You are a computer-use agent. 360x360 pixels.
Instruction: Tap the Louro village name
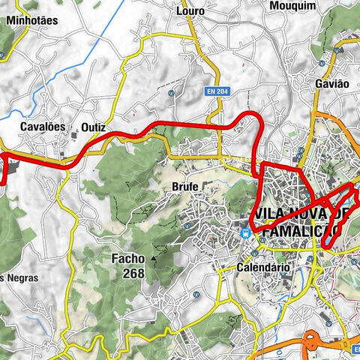[x=190, y=11]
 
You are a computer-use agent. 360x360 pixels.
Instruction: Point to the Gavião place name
[x=332, y=85]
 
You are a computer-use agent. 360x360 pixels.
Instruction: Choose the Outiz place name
[x=94, y=127]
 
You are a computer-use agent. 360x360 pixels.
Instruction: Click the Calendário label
[x=262, y=266]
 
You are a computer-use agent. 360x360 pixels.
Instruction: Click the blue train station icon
[x=245, y=232]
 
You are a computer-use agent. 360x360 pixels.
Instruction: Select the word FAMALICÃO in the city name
[x=296, y=232]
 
